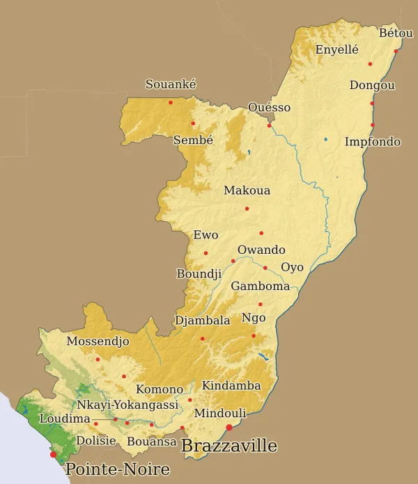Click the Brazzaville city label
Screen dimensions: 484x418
(229, 446)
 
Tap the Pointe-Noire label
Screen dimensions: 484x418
(117, 469)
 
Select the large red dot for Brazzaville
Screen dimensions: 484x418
(229, 427)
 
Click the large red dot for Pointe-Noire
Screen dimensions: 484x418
(53, 454)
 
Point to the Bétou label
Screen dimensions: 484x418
(396, 33)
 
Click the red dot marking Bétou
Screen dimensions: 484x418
(396, 51)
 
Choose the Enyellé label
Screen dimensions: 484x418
(336, 49)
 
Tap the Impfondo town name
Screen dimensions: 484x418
(373, 142)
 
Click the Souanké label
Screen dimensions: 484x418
(171, 84)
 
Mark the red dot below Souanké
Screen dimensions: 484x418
(171, 102)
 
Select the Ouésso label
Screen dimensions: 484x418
(269, 108)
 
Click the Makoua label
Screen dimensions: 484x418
(247, 191)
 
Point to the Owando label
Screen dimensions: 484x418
(261, 250)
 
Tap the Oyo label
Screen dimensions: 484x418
(292, 267)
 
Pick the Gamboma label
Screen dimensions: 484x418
(260, 286)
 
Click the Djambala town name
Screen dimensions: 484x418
(202, 321)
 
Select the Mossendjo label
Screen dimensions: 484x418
(98, 341)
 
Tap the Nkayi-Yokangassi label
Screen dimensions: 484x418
(127, 404)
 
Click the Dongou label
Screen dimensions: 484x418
(372, 86)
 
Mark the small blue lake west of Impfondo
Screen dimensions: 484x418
(325, 140)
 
